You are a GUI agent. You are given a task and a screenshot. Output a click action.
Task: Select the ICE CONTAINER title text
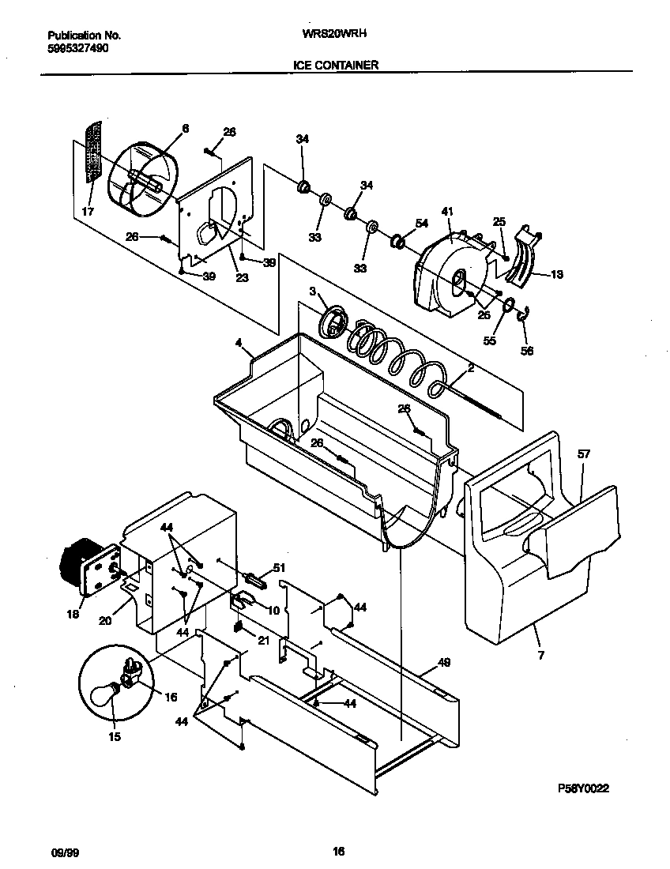(x=336, y=66)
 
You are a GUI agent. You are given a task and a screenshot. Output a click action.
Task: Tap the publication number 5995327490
(x=78, y=47)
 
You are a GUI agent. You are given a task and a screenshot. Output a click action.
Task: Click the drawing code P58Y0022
(x=584, y=788)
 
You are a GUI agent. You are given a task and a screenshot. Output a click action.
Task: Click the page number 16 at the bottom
(x=337, y=852)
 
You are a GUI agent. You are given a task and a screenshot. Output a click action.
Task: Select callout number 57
(x=584, y=454)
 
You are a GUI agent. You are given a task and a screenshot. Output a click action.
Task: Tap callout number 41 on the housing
(x=448, y=211)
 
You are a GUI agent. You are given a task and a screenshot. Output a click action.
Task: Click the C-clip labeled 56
(x=524, y=317)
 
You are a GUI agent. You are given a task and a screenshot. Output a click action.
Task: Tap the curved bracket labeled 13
(x=521, y=254)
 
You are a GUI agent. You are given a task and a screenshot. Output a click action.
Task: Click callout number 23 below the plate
(x=242, y=277)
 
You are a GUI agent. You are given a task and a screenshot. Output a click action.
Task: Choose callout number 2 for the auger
(x=470, y=367)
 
